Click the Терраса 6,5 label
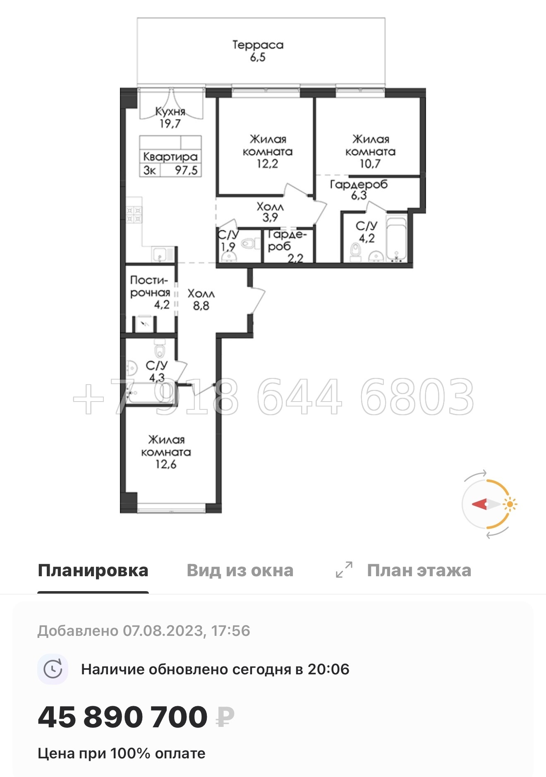[x=258, y=51]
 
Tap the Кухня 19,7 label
[x=170, y=117]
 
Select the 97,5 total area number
[x=186, y=170]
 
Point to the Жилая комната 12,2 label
[x=267, y=151]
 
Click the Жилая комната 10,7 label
[x=370, y=151]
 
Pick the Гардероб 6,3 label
[x=359, y=190]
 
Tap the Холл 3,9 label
[x=270, y=212]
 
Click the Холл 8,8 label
[x=201, y=300]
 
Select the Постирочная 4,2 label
[x=150, y=292]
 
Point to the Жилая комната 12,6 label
[x=166, y=452]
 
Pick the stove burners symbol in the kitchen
[x=134, y=215]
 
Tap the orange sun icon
[x=510, y=504]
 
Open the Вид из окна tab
[x=240, y=570]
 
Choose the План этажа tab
[x=419, y=570]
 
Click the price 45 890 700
[x=122, y=717]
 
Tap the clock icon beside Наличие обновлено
[x=53, y=669]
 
